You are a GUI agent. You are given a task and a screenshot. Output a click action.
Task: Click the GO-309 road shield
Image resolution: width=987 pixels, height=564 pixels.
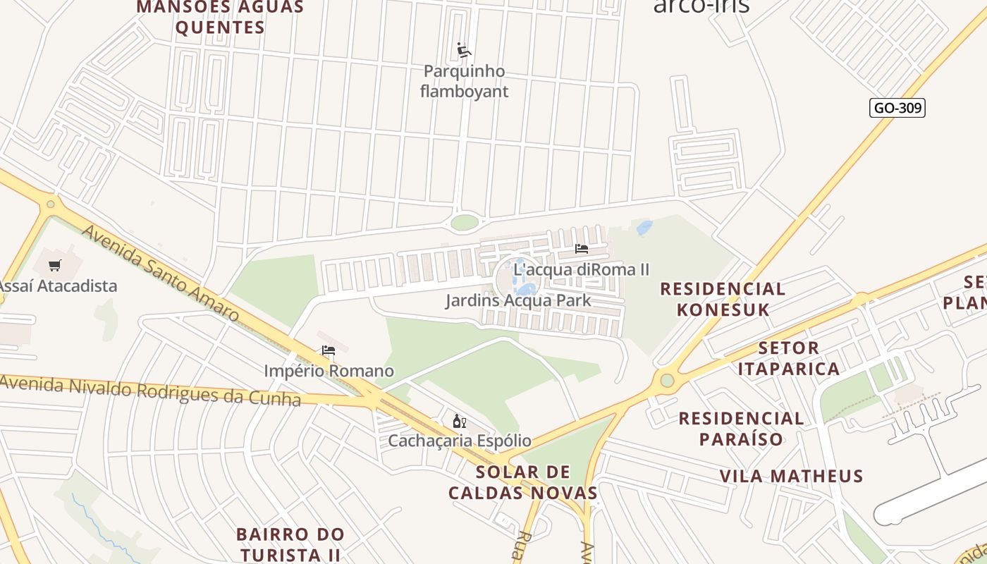[896, 108]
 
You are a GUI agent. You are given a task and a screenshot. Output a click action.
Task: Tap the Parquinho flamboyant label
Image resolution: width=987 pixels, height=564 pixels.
[464, 81]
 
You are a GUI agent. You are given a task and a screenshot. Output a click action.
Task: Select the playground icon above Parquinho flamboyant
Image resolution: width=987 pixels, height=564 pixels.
[463, 51]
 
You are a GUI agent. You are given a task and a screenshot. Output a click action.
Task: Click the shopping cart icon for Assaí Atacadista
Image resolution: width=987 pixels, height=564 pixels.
[55, 266]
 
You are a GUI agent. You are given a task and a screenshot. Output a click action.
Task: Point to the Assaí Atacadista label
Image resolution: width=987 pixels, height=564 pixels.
[58, 286]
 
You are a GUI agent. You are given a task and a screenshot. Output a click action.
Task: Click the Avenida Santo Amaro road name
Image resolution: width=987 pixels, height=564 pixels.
[160, 273]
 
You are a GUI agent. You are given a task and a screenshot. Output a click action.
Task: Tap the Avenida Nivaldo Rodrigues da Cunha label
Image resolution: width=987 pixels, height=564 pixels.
[149, 390]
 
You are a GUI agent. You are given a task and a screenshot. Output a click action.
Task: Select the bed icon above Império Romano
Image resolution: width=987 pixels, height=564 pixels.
[329, 350]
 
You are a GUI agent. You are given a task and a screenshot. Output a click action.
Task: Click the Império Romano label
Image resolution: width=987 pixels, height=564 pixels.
[329, 371]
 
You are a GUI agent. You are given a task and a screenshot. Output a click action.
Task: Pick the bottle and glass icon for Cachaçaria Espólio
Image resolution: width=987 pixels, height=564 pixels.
[459, 422]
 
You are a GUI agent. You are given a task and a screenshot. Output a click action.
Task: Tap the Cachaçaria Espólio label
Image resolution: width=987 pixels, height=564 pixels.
[460, 441]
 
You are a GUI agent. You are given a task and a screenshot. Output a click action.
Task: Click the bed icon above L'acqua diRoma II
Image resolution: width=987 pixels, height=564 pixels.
[582, 249]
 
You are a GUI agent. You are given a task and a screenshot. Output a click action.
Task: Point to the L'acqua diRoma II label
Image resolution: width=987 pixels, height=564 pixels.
[581, 269]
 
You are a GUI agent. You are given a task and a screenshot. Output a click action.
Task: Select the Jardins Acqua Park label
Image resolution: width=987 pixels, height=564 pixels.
[518, 301]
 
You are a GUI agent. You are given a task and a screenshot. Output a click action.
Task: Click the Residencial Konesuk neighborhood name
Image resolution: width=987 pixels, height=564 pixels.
[723, 299]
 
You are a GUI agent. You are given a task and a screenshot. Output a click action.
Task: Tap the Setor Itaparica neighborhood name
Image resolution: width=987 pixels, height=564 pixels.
[789, 358]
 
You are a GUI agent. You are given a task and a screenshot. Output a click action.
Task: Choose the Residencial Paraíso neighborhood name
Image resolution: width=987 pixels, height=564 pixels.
[741, 429]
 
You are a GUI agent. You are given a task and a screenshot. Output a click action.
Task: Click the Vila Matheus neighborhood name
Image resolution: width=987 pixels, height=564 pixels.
[791, 476]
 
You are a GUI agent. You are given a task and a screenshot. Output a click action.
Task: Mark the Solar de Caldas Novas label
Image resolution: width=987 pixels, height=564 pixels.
[523, 482]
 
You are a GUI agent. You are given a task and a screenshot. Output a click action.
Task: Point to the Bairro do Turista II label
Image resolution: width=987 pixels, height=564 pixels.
[290, 544]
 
